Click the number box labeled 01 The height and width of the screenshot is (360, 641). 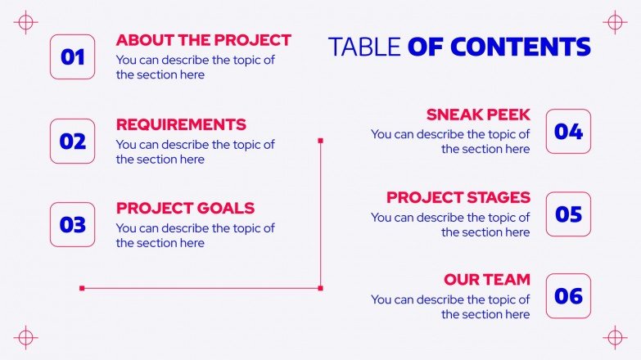pos(72,56)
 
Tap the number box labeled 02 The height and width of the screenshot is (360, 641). pos(72,142)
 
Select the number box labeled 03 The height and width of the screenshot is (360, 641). pos(72,225)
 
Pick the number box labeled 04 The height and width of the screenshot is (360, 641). pos(568,132)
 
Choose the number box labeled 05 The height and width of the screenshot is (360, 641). pos(568,214)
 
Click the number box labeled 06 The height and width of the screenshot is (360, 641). pos(568,296)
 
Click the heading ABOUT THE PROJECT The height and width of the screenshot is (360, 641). pos(203,39)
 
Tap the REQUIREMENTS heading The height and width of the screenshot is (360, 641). pos(181,124)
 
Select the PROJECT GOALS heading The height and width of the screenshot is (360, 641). pos(185,208)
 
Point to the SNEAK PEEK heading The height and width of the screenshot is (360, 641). pos(478,115)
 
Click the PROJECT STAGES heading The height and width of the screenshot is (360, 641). pos(458,197)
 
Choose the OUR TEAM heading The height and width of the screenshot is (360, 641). pos(487,280)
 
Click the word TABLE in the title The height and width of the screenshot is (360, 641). pos(364,47)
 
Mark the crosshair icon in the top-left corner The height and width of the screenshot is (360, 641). pos(26,22)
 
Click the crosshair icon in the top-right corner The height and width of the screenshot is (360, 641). pos(615,22)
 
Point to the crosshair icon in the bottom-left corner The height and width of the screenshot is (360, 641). pos(26,337)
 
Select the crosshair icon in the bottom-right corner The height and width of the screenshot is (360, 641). pos(615,337)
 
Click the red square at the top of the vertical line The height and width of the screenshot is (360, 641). pos(320,141)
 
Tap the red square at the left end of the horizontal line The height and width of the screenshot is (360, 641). pos(82,288)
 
